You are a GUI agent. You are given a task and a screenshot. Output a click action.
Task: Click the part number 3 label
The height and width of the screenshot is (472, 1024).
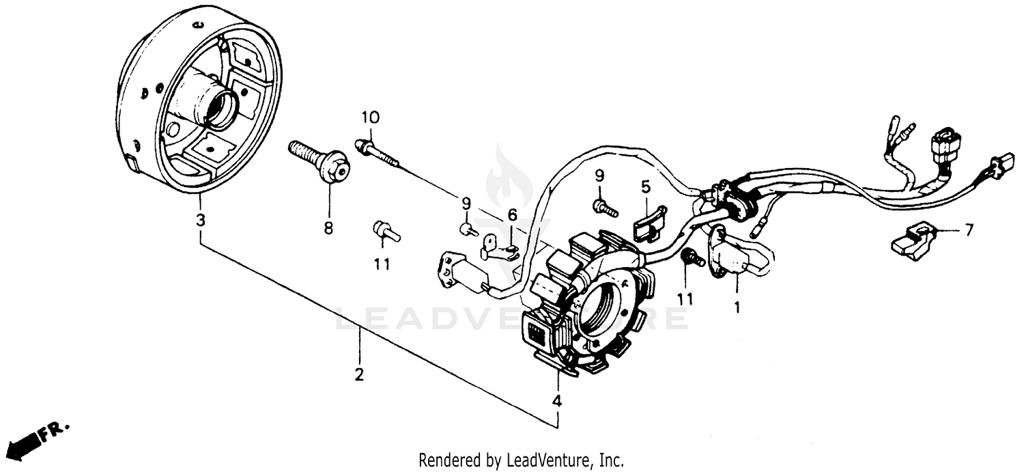click(200, 221)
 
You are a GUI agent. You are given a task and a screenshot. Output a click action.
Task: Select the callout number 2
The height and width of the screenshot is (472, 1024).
click(359, 375)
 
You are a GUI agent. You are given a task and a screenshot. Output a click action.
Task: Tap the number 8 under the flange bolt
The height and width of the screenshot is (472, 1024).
click(328, 229)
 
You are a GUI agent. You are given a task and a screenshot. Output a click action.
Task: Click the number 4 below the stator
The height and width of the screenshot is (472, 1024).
click(557, 401)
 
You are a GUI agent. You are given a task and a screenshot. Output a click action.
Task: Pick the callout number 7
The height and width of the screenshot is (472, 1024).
click(968, 231)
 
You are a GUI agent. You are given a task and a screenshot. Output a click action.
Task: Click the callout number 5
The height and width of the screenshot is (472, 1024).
click(645, 186)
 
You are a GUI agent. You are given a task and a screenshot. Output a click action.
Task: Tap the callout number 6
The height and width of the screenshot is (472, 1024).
click(512, 216)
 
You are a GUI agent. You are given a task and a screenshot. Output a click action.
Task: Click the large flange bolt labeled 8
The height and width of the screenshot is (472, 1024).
click(321, 162)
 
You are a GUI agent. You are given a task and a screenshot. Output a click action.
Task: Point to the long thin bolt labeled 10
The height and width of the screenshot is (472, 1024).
click(382, 156)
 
